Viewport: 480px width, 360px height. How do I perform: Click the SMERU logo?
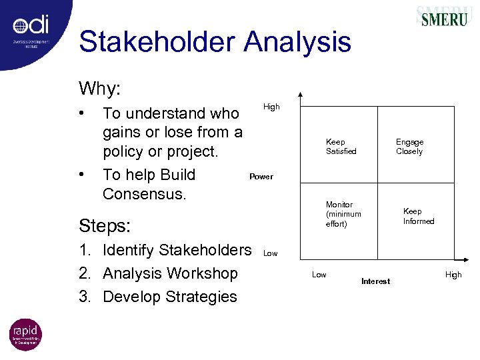pyautogui.click(x=443, y=18)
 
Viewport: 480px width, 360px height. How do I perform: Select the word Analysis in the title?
pyautogui.click(x=297, y=43)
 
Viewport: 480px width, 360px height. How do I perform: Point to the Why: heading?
pyautogui.click(x=100, y=88)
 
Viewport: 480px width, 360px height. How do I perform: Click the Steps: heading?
pyautogui.click(x=105, y=225)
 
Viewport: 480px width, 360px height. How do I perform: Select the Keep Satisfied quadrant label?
pyautogui.click(x=341, y=147)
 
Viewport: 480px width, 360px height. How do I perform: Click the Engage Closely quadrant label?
pyautogui.click(x=409, y=147)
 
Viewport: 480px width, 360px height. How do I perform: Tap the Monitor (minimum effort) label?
pyautogui.click(x=343, y=214)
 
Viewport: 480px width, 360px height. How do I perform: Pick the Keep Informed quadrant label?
pyautogui.click(x=418, y=216)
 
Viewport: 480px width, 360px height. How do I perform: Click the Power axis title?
pyautogui.click(x=261, y=177)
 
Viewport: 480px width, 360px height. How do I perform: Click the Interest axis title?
pyautogui.click(x=375, y=281)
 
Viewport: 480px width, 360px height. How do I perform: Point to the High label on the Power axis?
pyautogui.click(x=271, y=107)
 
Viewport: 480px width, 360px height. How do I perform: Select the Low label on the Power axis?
pyautogui.click(x=270, y=253)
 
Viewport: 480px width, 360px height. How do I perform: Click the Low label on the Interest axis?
pyautogui.click(x=319, y=275)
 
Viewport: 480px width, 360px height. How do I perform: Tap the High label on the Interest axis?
pyautogui.click(x=453, y=275)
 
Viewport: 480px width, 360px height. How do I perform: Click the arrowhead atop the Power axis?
pyautogui.click(x=300, y=95)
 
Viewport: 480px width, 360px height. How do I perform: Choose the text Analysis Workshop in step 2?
pyautogui.click(x=169, y=273)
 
